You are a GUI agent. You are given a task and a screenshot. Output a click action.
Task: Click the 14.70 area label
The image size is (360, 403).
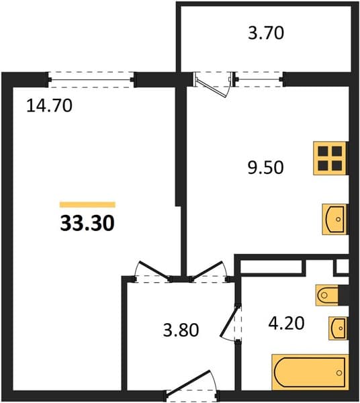click(x=49, y=106)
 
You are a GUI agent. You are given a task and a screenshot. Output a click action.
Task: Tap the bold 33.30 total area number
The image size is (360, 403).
click(x=87, y=223)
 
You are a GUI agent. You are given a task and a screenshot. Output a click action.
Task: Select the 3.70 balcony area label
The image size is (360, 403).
click(x=266, y=34)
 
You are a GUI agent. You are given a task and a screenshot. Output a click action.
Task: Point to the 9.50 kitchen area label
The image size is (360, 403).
click(x=266, y=167)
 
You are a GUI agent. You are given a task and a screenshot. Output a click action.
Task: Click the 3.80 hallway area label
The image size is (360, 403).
click(x=181, y=330)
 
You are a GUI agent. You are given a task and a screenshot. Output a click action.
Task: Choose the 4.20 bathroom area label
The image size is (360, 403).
click(x=287, y=323)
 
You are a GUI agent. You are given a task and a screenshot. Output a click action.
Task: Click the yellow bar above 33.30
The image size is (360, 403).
click(x=87, y=205)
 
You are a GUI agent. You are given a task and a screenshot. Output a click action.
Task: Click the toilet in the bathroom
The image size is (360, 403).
click(x=328, y=296)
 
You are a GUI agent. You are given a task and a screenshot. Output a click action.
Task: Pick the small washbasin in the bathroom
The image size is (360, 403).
click(x=338, y=328)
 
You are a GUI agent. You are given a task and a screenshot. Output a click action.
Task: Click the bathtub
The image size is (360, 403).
click(x=310, y=372)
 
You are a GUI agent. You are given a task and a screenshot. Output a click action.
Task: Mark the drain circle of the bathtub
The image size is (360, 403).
click(x=339, y=373)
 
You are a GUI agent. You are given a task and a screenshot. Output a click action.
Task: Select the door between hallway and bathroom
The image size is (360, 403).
click(x=231, y=324)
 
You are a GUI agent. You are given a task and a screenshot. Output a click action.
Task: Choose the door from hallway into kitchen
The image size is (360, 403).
click(x=209, y=271)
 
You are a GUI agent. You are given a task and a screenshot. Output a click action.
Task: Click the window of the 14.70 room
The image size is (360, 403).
click(x=91, y=80)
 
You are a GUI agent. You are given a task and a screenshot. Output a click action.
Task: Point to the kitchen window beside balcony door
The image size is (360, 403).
click(x=259, y=79)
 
